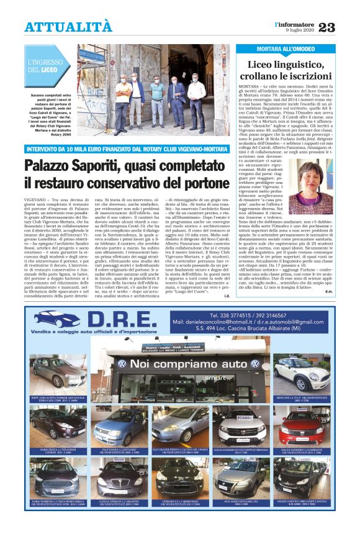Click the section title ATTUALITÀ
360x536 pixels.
[68, 27]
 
